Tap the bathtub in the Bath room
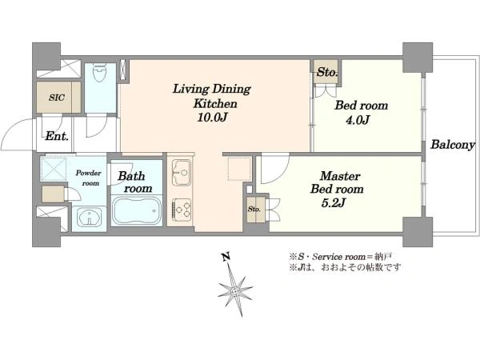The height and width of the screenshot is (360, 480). pyautogui.click(x=137, y=210)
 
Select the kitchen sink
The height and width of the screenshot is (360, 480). pyautogui.click(x=182, y=172)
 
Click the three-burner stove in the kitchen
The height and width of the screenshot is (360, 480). pyautogui.click(x=182, y=210)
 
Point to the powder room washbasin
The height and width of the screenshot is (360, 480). pyautogui.click(x=89, y=216)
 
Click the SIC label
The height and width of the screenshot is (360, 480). pyautogui.click(x=57, y=98)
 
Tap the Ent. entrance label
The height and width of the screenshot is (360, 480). pyautogui.click(x=57, y=136)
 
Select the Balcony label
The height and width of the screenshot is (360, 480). pyautogui.click(x=453, y=145)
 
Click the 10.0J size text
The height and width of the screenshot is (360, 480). pyautogui.click(x=212, y=118)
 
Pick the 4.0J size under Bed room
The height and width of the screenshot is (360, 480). pyautogui.click(x=358, y=120)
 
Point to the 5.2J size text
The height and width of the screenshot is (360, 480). pyautogui.click(x=334, y=202)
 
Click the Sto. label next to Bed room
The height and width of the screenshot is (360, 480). pyautogui.click(x=327, y=72)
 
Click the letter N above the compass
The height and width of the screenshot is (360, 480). pyautogui.click(x=226, y=257)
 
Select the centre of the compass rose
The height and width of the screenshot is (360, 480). pyautogui.click(x=234, y=290)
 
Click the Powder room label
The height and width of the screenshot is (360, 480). pyautogui.click(x=89, y=178)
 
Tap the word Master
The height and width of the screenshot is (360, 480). pyautogui.click(x=340, y=176)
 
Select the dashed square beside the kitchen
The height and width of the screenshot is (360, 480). pyautogui.click(x=240, y=169)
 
